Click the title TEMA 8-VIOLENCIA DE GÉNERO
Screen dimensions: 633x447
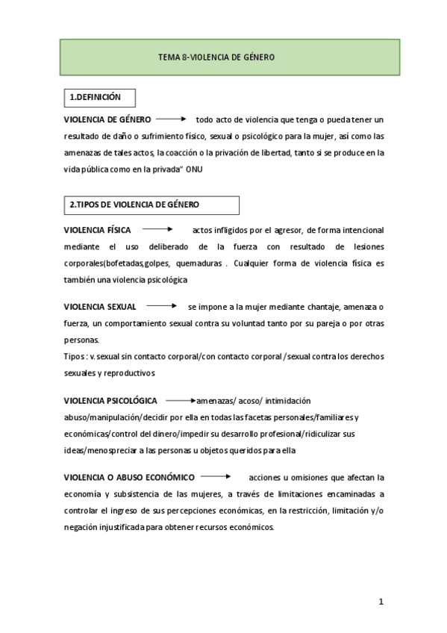(x=216, y=57)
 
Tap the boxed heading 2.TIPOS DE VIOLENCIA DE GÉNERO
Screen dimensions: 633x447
(x=134, y=205)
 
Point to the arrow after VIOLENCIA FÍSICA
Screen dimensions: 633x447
(x=158, y=229)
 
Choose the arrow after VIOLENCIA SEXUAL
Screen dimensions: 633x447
(x=162, y=306)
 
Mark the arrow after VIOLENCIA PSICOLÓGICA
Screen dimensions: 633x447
(x=181, y=400)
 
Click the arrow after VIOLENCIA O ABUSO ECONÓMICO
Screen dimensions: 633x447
(x=216, y=476)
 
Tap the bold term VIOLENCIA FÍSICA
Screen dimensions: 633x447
(x=97, y=230)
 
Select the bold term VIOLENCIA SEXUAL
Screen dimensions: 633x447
(x=100, y=307)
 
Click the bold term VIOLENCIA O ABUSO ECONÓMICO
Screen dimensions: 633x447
(x=129, y=477)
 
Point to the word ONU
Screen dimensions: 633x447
(x=193, y=169)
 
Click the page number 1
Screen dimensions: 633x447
(x=380, y=602)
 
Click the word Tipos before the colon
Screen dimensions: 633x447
(x=74, y=357)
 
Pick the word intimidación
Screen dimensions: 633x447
(x=286, y=401)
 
